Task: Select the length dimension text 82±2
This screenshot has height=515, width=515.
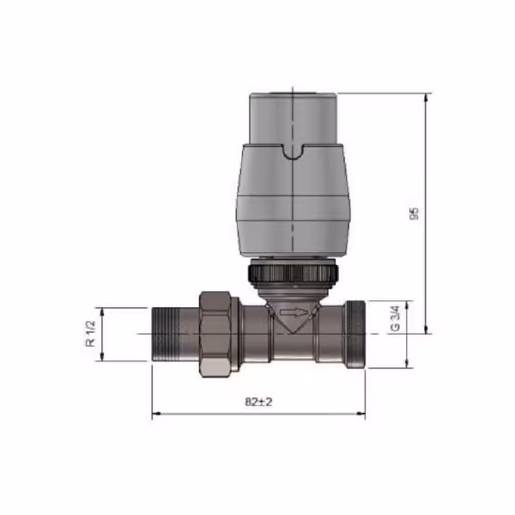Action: point(257,403)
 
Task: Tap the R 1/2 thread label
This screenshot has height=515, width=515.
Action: point(89,333)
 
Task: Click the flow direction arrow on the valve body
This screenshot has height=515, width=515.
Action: point(293,314)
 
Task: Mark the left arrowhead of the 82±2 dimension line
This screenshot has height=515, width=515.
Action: point(155,415)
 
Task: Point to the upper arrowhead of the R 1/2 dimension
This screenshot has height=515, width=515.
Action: point(103,310)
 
